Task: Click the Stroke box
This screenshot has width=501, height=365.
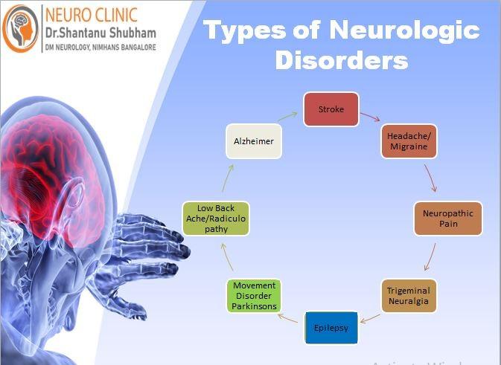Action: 331,110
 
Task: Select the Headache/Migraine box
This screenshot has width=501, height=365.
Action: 409,141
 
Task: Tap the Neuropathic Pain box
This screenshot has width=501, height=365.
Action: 447,219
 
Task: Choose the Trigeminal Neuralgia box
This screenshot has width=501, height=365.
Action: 408,295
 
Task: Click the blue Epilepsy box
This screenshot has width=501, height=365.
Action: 331,327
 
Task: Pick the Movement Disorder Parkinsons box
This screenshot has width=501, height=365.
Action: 255,296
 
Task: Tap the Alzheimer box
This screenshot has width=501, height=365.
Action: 254,141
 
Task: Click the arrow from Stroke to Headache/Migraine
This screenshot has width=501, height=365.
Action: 370,117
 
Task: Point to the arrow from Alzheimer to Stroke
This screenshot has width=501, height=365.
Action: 290,116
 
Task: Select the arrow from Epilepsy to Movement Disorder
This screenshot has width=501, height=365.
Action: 290,320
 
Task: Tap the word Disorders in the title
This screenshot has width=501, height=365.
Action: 342,61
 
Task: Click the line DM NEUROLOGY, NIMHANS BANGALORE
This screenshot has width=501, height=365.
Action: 101,47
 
